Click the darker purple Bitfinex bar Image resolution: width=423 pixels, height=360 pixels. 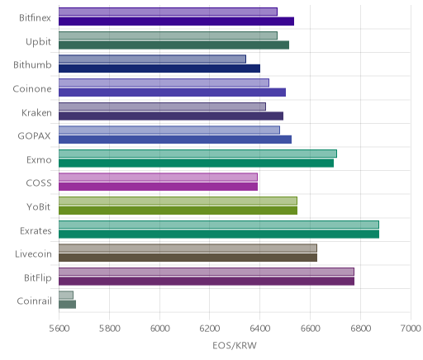176,21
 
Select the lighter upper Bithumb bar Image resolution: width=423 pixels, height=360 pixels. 152,59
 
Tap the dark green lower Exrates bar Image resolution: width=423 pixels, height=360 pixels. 219,234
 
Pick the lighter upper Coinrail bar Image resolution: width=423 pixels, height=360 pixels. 66,295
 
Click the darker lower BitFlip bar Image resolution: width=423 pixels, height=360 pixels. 207,282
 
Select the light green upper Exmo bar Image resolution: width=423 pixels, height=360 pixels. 197,154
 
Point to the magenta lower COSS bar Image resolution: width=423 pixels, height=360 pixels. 158,187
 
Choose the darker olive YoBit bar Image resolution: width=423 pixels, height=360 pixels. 178,211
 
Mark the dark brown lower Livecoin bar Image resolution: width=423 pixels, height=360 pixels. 188,258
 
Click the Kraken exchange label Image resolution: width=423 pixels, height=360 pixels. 36,112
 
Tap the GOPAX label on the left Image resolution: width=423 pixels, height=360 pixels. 34,136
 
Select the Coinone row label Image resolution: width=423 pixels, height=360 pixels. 32,88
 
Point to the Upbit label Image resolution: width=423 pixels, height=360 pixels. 38,42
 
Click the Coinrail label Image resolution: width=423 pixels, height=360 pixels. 35,301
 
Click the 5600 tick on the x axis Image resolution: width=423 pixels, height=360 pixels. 59,329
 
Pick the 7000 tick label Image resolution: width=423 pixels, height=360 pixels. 411,329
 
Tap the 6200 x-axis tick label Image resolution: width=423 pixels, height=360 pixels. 210,329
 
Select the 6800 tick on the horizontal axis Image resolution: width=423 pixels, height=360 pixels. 360,329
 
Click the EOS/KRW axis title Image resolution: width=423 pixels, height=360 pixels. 235,345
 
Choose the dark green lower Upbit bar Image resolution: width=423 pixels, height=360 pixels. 173,45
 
